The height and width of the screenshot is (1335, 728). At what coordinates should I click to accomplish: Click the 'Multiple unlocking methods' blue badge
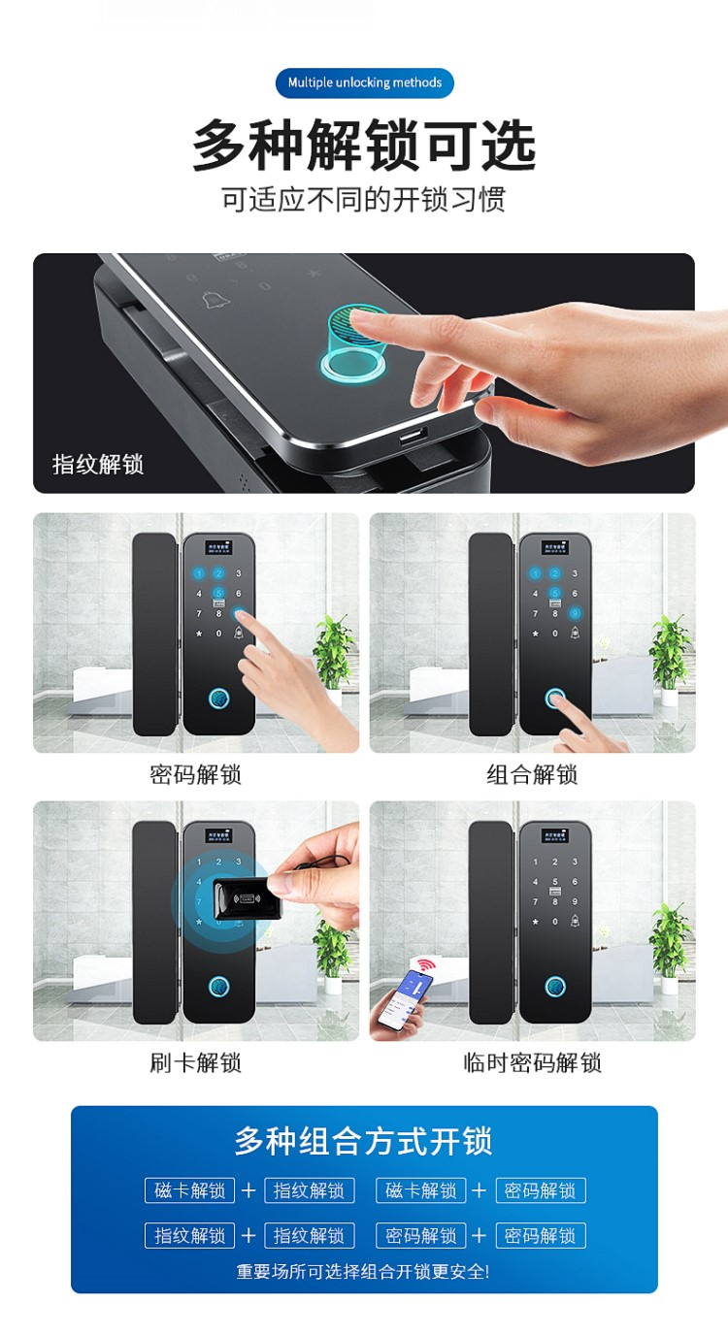click(364, 82)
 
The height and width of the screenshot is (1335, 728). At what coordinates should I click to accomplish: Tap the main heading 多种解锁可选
click(364, 145)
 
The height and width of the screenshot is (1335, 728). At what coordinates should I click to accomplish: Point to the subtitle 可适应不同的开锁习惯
click(364, 199)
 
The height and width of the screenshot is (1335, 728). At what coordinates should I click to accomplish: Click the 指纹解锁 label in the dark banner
click(98, 464)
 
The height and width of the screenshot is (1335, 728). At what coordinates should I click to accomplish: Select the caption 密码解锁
click(195, 775)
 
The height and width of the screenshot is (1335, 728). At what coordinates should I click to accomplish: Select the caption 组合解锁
click(533, 775)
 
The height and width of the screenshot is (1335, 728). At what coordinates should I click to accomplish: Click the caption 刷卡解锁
click(195, 1062)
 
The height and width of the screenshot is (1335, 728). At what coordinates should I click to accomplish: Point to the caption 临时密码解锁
click(533, 1062)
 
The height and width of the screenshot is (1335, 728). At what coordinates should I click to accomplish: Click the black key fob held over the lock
click(247, 897)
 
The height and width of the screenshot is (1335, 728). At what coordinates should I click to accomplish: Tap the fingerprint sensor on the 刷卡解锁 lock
click(218, 987)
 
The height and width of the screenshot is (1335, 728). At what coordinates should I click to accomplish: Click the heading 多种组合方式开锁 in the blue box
click(364, 1140)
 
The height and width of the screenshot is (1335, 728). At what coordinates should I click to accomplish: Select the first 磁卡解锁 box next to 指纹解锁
click(189, 1190)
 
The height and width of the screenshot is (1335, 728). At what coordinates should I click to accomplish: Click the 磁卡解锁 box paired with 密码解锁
click(421, 1190)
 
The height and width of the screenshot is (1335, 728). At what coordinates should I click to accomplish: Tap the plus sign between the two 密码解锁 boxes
click(479, 1235)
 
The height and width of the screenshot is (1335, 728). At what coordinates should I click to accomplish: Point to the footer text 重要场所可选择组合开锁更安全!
click(363, 1272)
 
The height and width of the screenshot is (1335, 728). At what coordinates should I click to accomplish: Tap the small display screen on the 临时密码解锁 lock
click(555, 835)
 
